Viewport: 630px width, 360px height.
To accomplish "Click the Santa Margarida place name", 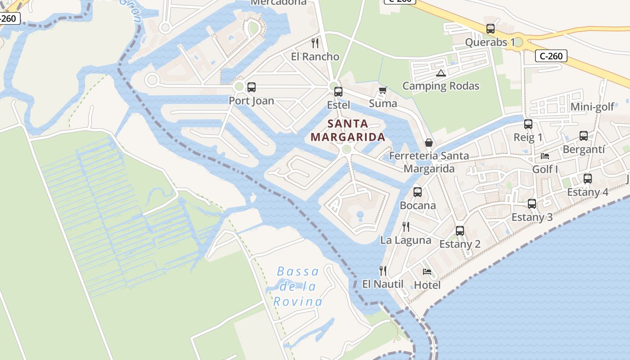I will tap(348, 130).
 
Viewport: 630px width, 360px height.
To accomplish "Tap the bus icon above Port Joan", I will tap(252, 87).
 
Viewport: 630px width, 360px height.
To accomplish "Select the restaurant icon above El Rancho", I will tap(315, 43).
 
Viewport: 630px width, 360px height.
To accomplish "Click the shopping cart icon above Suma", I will tap(382, 90).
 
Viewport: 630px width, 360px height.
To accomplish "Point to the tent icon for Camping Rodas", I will tap(441, 73).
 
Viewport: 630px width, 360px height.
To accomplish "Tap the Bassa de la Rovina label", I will tap(298, 286).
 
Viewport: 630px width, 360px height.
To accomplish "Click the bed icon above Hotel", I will tap(427, 271).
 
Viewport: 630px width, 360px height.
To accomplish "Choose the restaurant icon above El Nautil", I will tap(383, 270).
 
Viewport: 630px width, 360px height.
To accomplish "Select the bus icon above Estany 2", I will tap(459, 231).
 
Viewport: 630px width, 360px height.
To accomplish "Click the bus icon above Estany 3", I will tap(532, 204).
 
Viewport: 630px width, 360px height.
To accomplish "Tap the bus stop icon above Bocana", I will tap(418, 192).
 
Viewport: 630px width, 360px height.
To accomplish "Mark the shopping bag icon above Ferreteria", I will tap(429, 143).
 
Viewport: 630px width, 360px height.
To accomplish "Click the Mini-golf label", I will tap(592, 107).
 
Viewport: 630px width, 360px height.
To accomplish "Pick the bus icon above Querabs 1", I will tap(490, 29).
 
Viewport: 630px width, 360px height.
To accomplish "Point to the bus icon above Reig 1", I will tap(528, 124).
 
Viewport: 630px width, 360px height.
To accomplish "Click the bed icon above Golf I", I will tap(545, 156).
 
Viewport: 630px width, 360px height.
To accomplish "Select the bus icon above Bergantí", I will tap(584, 136).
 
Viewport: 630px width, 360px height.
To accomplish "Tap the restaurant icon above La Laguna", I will tap(405, 226).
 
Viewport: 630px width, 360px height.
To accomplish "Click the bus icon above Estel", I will tap(338, 92).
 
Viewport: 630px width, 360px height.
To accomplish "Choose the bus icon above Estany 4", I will tap(587, 179).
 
